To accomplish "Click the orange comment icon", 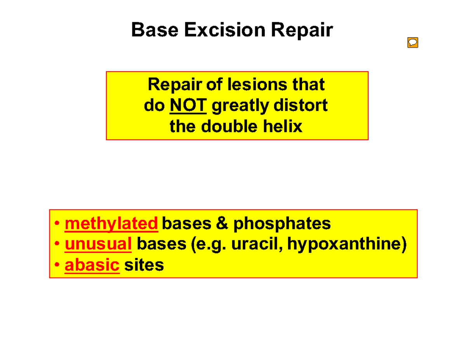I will [x=412, y=42].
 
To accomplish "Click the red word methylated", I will [x=111, y=223].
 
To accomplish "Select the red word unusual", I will [x=98, y=244].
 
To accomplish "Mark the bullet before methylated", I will [x=57, y=224].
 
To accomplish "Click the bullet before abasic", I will [x=57, y=265].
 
